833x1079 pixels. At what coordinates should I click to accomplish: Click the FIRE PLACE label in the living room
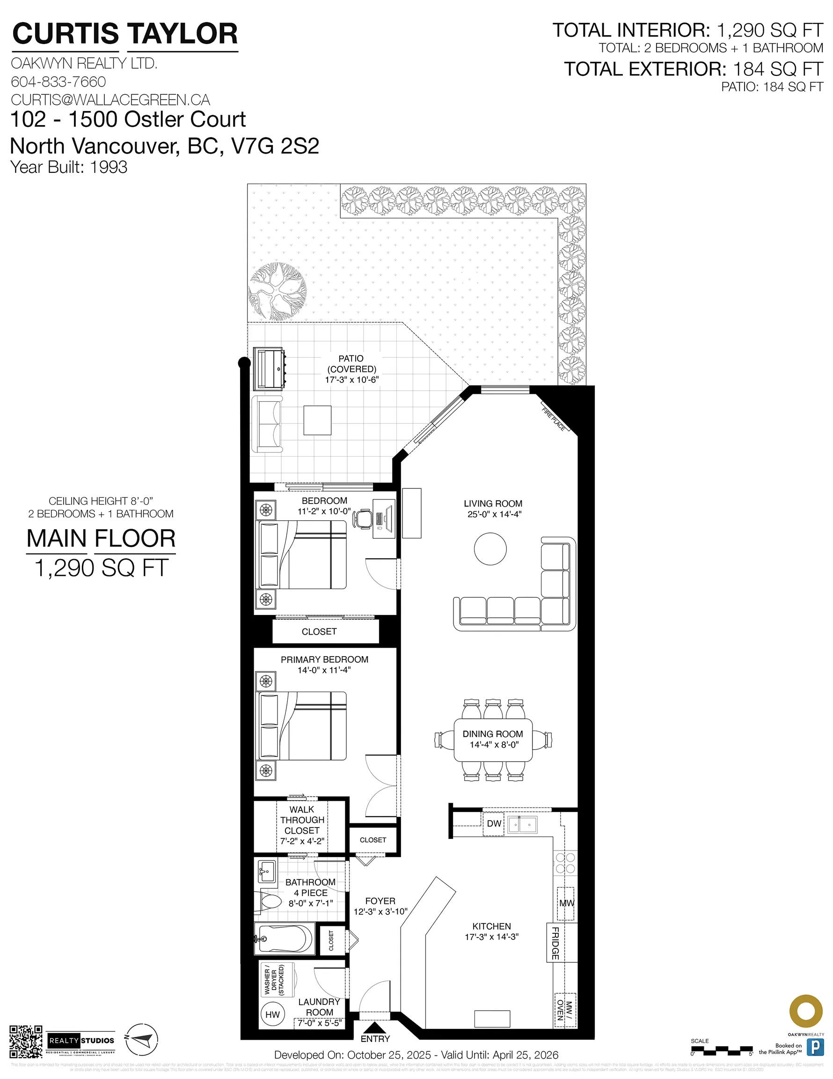(553, 420)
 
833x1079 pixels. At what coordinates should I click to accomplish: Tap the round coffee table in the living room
(490, 549)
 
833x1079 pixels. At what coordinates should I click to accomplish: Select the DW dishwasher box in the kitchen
(493, 824)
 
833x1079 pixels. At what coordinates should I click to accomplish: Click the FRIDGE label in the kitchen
(555, 943)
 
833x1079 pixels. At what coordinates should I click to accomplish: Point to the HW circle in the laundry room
(272, 1015)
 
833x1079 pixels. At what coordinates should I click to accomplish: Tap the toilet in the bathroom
(267, 902)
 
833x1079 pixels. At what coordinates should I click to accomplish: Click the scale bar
(722, 1049)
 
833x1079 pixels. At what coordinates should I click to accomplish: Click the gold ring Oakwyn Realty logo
(806, 1011)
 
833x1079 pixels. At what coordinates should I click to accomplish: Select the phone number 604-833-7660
(58, 81)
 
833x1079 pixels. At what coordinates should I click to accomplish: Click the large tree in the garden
(277, 291)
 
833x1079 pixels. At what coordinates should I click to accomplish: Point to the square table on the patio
(317, 420)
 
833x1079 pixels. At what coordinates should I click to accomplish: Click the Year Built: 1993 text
(69, 167)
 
